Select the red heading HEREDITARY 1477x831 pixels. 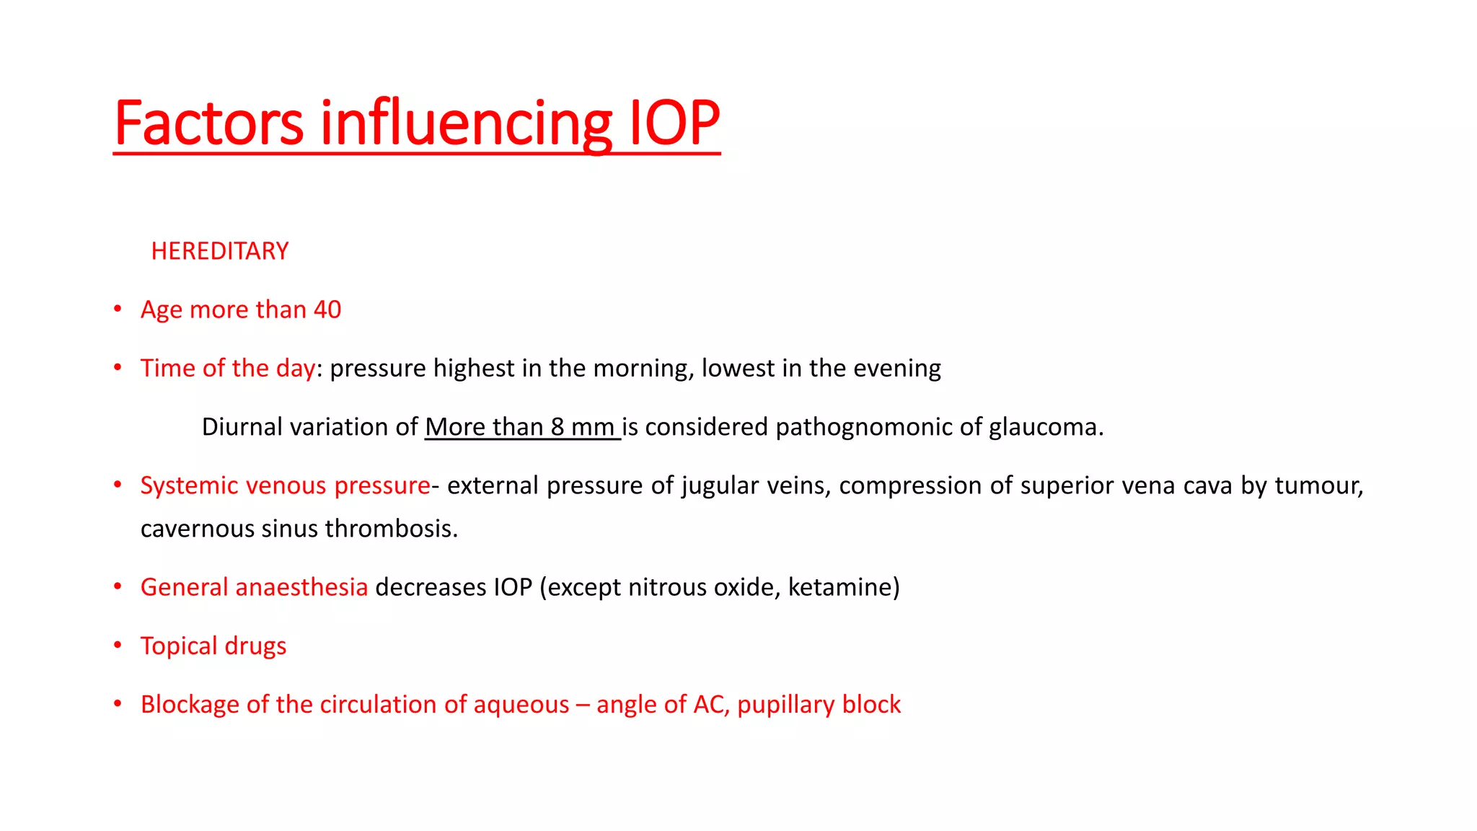(x=220, y=251)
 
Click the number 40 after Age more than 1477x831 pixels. (x=327, y=309)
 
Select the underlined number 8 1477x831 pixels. (x=557, y=427)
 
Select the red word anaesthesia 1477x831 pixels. (x=301, y=587)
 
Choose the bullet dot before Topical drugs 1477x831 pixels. (x=118, y=645)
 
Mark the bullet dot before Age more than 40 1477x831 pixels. (x=118, y=309)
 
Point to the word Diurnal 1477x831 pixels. (x=242, y=427)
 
